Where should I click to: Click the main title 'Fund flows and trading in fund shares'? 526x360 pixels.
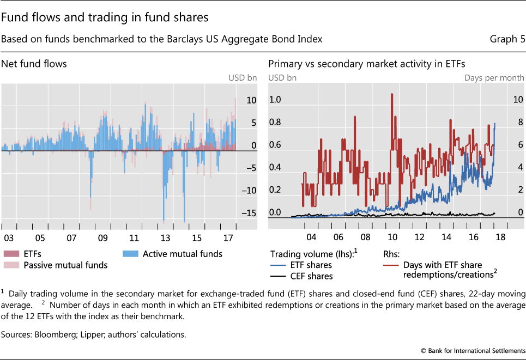(105, 17)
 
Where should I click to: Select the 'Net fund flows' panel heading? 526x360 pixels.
(34, 64)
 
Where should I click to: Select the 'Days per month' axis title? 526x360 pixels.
(494, 78)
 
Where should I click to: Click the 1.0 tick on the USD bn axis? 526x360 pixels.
(275, 100)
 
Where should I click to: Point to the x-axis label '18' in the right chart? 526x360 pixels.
(500, 237)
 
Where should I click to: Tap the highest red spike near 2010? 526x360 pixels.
(392, 94)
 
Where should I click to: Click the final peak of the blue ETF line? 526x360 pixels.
(495, 124)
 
